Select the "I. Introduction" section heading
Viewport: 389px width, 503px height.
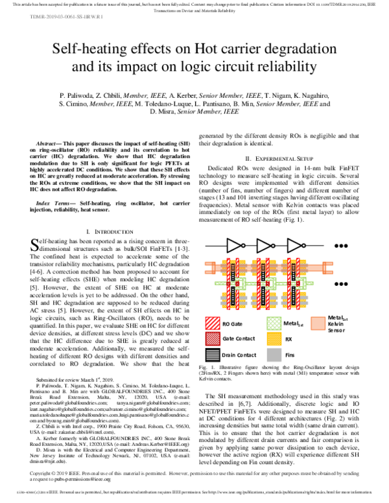[105, 231]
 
